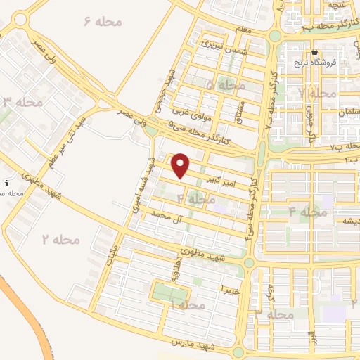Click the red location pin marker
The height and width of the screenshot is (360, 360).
pos(181,165)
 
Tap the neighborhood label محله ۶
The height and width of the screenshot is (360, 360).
pos(103,22)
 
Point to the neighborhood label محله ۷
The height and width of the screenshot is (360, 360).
pos(317,93)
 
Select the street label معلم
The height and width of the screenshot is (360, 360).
pos(245,30)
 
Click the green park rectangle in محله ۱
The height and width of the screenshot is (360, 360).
pos(171,292)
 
